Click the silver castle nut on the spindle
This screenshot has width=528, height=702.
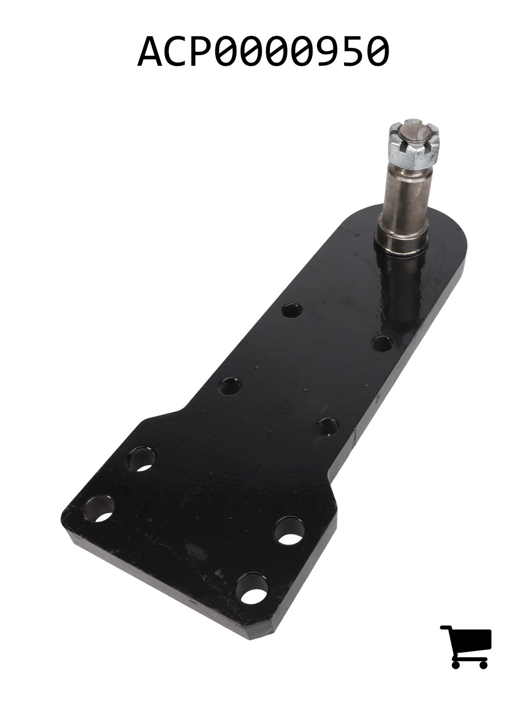click(x=414, y=143)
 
